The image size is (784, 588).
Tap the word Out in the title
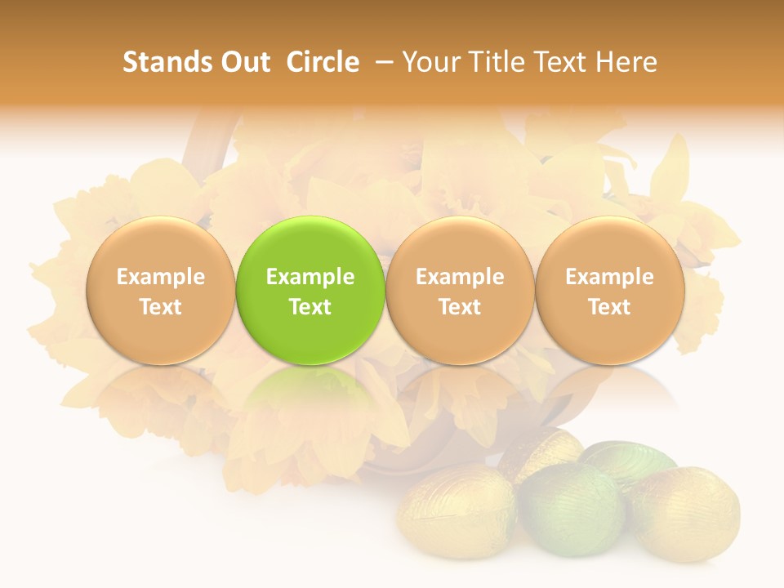click(x=243, y=62)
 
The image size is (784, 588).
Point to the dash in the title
click(x=385, y=62)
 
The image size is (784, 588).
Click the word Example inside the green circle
click(x=310, y=277)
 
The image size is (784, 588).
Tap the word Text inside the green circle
click(x=310, y=307)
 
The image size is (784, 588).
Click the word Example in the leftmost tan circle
click(x=160, y=277)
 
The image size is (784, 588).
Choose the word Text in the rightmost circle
click(x=609, y=307)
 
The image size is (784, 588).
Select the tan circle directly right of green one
click(x=460, y=290)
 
